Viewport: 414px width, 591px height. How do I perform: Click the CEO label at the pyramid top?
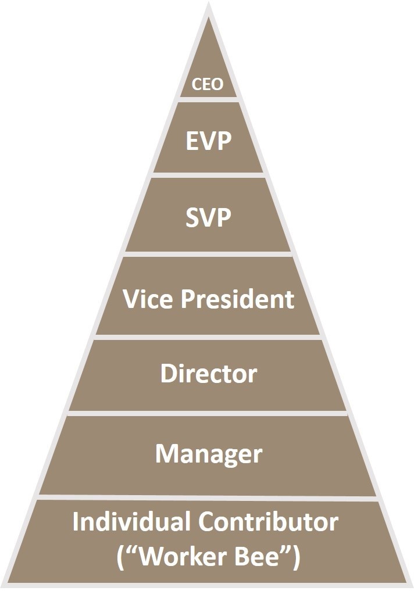click(x=208, y=85)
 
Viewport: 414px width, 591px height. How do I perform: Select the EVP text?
click(x=209, y=141)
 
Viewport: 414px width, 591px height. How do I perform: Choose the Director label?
click(x=209, y=374)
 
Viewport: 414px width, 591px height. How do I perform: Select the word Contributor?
click(x=269, y=522)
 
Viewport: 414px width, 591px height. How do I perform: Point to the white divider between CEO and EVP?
click(x=208, y=100)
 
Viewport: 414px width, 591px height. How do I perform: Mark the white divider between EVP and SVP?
click(x=208, y=175)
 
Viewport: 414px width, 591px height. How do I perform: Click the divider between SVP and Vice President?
click(x=208, y=254)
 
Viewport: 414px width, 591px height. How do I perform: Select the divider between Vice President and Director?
click(x=208, y=337)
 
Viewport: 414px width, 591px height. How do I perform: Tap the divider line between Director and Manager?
click(x=208, y=413)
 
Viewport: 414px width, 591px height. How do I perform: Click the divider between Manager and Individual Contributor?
click(x=208, y=497)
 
